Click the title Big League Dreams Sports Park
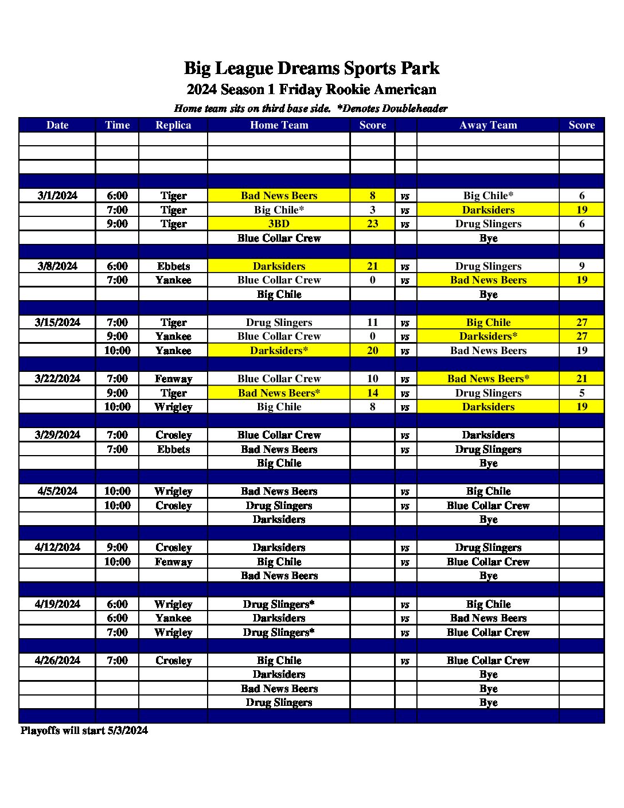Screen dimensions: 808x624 [311, 68]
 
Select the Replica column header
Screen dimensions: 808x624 [173, 125]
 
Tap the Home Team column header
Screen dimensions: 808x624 [279, 125]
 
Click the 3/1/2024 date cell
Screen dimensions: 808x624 [57, 196]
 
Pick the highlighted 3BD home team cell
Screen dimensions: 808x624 [279, 224]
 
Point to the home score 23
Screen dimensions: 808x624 [372, 224]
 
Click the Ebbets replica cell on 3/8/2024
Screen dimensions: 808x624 [173, 266]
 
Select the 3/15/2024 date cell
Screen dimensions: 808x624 [57, 323]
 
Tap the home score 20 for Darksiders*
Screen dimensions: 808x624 [372, 351]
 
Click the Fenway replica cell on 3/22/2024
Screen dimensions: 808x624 [173, 379]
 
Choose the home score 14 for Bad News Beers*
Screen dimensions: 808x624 [372, 393]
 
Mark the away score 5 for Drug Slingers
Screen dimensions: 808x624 [582, 393]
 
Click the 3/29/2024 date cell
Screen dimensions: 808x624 [57, 435]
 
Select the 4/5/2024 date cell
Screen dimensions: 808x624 [57, 491]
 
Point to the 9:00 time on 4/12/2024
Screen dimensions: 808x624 [117, 547]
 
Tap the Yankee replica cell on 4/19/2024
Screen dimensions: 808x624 [173, 618]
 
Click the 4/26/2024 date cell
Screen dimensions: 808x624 [57, 661]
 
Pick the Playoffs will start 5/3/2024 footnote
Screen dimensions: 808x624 [84, 731]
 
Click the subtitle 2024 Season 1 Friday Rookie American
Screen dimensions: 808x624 [311, 90]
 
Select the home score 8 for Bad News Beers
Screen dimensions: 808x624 [372, 196]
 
